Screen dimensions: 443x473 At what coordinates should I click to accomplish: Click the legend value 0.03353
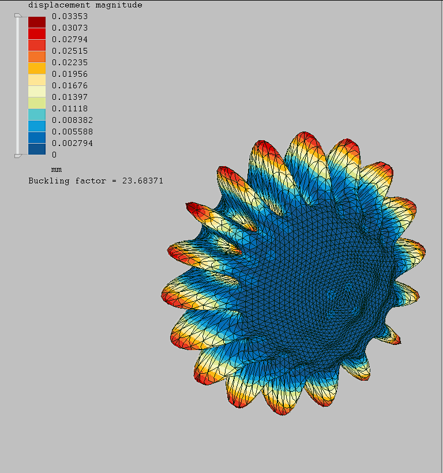coord(70,16)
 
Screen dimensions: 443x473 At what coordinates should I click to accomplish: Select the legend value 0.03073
coord(70,28)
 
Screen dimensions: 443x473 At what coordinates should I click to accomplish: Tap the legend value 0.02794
coord(70,39)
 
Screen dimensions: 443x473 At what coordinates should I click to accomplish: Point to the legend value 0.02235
coord(70,62)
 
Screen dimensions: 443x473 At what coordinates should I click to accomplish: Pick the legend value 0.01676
coord(70,85)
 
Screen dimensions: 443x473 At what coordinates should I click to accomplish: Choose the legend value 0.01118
coord(70,108)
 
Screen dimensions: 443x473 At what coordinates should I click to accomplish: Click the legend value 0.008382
coord(72,120)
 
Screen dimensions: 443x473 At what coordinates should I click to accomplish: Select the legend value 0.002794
coord(72,143)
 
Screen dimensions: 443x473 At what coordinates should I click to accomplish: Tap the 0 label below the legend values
coord(54,155)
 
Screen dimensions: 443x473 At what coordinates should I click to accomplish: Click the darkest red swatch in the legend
coord(37,22)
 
